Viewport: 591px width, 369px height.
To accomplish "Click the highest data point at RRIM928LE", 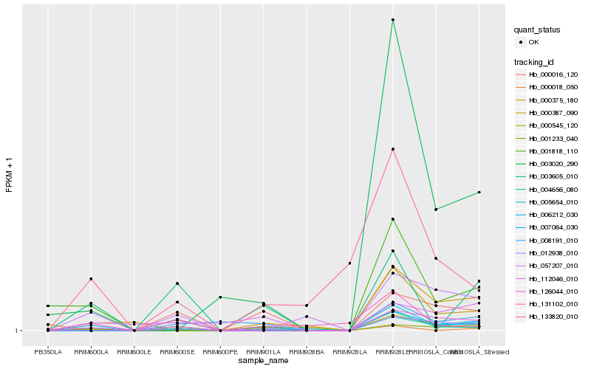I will [393, 19].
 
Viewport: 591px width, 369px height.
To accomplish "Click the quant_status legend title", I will [537, 30].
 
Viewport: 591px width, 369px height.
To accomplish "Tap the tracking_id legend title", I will [534, 61].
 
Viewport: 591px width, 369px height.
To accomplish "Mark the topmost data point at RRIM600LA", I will [91, 279].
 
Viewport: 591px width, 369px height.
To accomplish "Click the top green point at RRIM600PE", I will [220, 297].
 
